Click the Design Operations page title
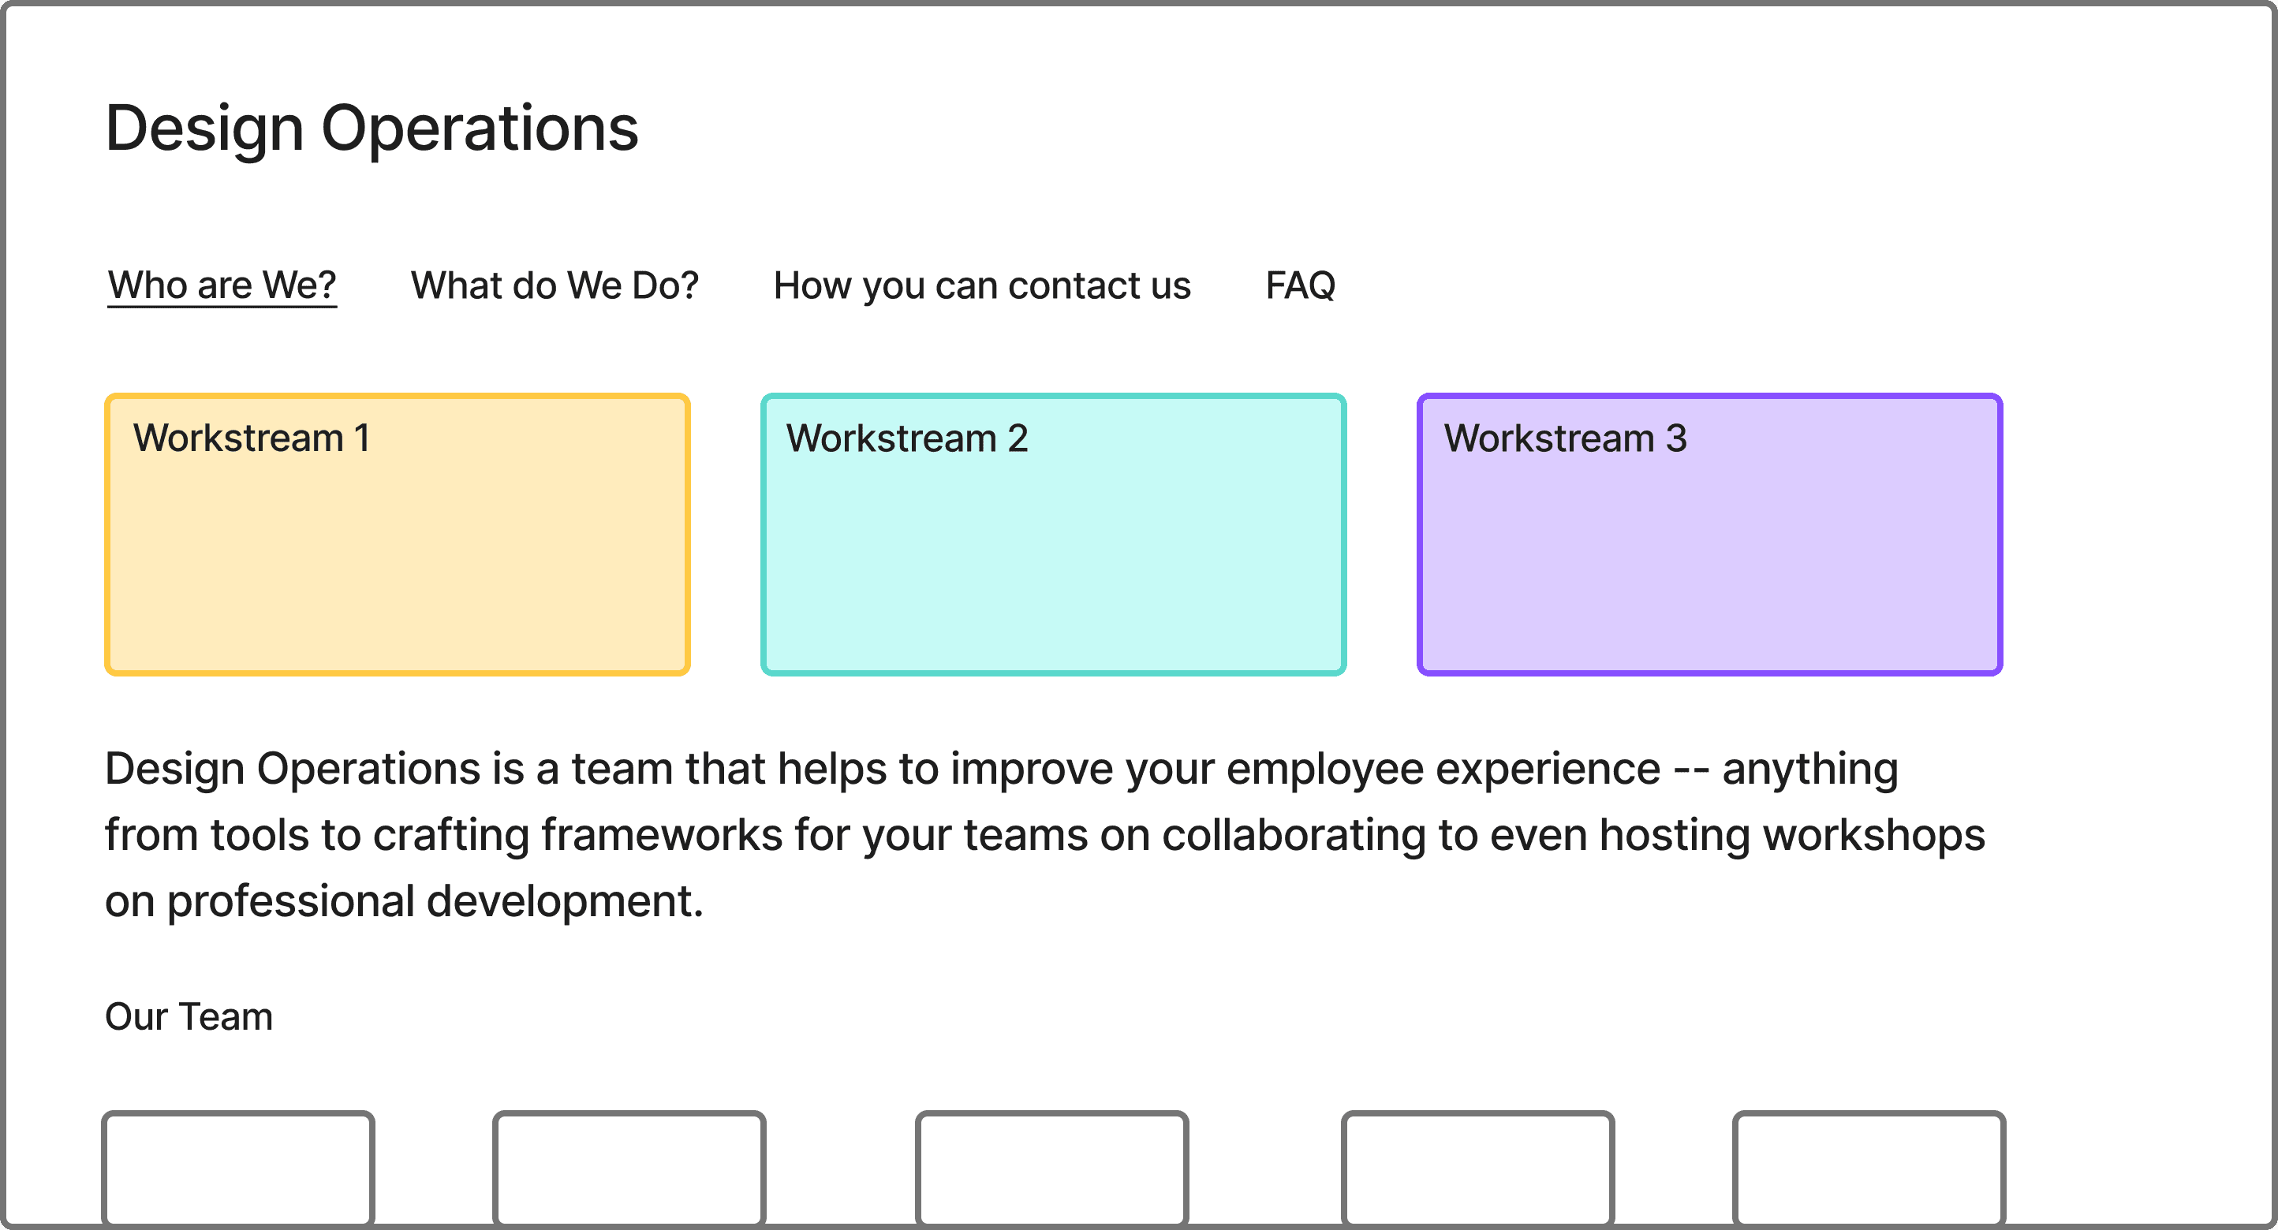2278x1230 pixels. click(x=372, y=129)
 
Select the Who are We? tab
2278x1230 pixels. click(x=222, y=285)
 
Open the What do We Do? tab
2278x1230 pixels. click(x=555, y=285)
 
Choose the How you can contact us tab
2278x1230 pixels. click(x=981, y=285)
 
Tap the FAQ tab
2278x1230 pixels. click(x=1300, y=285)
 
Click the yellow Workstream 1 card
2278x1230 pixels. click(x=397, y=566)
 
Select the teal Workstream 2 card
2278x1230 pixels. click(x=1053, y=566)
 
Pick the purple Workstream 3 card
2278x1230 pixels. click(x=1709, y=566)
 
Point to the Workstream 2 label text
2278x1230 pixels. click(x=907, y=438)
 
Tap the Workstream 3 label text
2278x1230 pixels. click(x=1565, y=438)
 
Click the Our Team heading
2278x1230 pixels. click(x=189, y=1017)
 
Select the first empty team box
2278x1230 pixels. click(x=238, y=1167)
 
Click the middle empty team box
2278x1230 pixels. click(x=1051, y=1167)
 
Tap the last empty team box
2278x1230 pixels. click(x=1869, y=1167)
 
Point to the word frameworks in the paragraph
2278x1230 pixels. click(x=662, y=835)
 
